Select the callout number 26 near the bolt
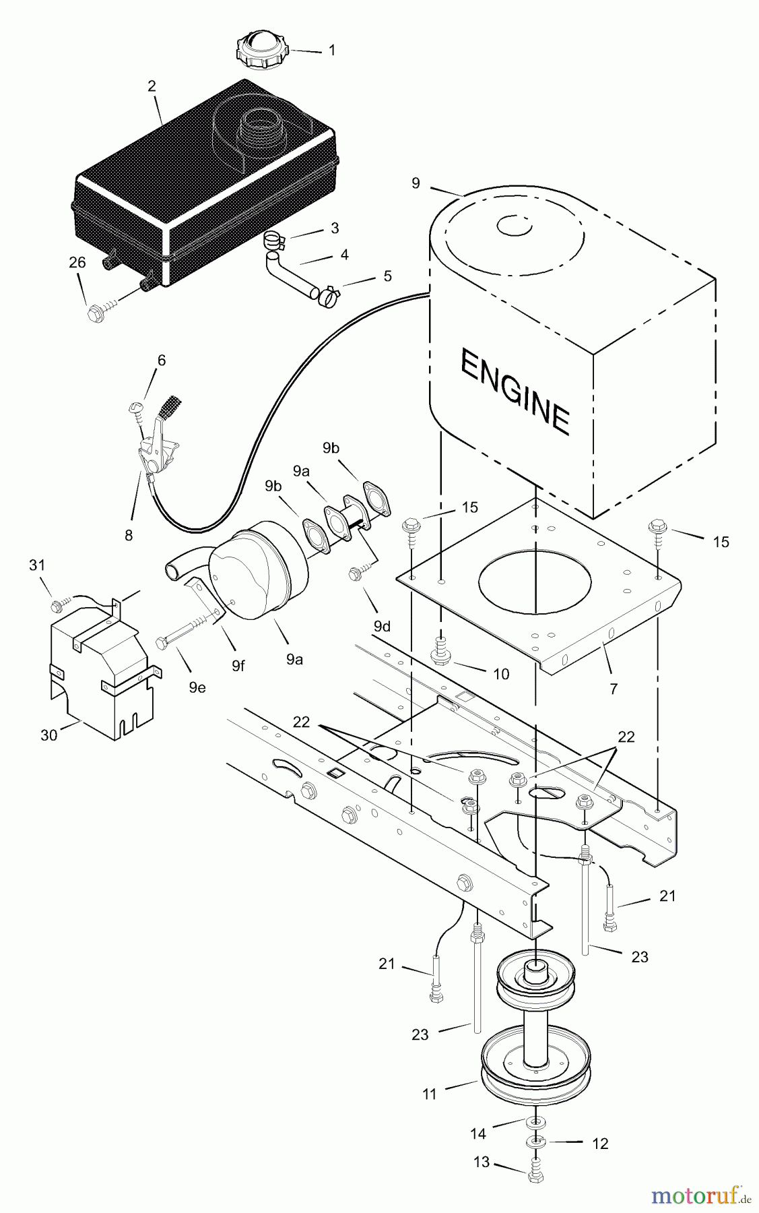click(x=77, y=263)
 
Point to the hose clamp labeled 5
click(x=329, y=296)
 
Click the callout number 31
click(x=36, y=565)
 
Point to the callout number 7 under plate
click(x=613, y=689)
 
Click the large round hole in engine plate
click(x=535, y=580)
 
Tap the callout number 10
click(x=501, y=674)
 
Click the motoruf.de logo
click(x=700, y=1195)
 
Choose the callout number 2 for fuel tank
click(x=152, y=86)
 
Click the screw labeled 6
click(x=135, y=408)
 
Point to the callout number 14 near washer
click(x=478, y=1133)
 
